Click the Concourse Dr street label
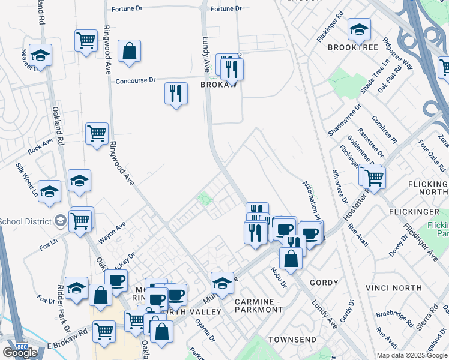[x=136, y=80]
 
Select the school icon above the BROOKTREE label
[x=359, y=29]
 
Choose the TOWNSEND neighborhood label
[x=292, y=340]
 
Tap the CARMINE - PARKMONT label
[x=259, y=305]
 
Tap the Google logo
[x=20, y=353]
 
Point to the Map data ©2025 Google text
[x=412, y=355]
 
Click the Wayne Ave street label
[x=112, y=232]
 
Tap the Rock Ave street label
[x=40, y=145]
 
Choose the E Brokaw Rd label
[x=68, y=346]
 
